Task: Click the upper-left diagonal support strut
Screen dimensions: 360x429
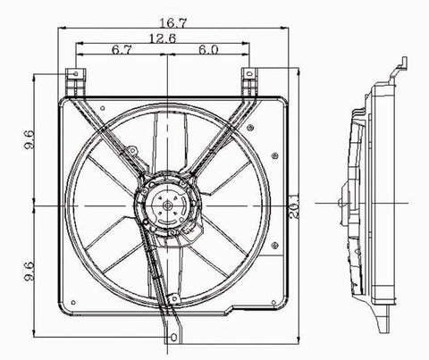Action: click(111, 134)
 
